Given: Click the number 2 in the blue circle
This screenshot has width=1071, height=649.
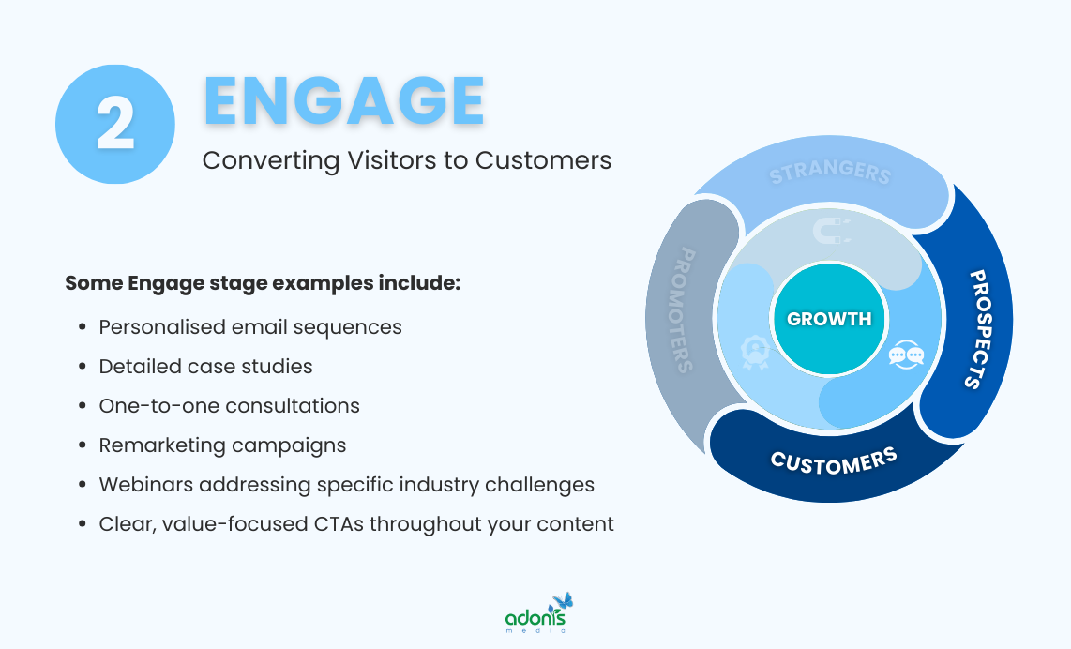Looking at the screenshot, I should pos(115,125).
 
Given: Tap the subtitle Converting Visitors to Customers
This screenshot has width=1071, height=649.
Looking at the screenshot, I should pos(407,160).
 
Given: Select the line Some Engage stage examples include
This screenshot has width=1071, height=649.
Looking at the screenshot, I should pos(263,282).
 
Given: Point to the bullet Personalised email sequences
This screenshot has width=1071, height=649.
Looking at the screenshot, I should pos(250,327).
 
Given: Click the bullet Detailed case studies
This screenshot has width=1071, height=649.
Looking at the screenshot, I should pos(205,367).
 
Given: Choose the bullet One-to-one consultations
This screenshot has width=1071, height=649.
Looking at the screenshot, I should pos(229,406).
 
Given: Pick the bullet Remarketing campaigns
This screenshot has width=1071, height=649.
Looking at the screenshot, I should pos(222,445).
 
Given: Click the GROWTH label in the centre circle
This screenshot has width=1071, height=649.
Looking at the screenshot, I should pos(829,319).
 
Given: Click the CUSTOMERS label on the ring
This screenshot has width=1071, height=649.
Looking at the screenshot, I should pos(833,460).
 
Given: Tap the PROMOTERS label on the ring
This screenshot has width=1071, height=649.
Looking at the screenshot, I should pos(685,310).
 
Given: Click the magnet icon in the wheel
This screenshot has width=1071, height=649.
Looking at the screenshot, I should pos(829,230).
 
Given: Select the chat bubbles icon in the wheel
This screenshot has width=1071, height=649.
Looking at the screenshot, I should pos(906,355).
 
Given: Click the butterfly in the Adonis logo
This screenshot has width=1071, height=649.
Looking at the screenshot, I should pos(563,601).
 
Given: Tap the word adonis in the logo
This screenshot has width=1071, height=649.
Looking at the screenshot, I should pos(535,618).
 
